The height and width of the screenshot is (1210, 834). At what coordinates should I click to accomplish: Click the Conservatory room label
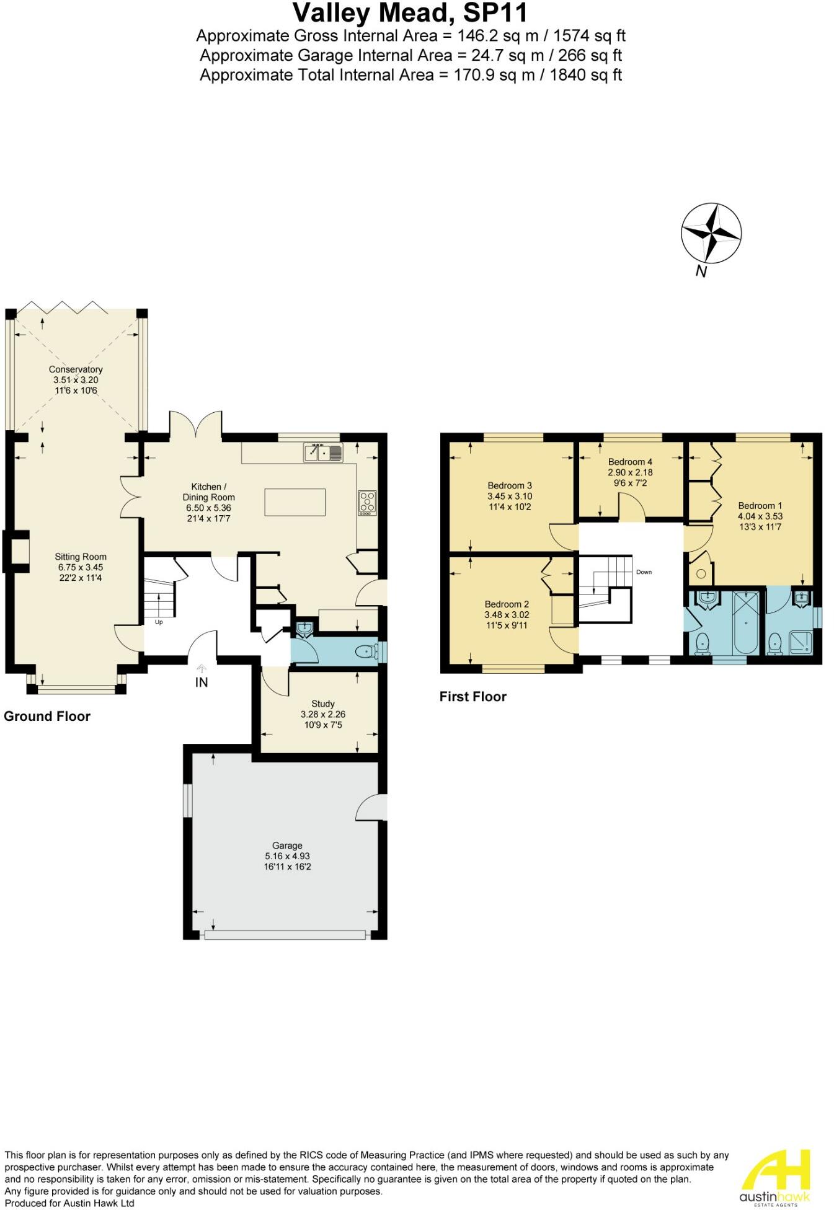point(76,369)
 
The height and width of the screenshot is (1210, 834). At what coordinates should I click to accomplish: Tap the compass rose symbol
point(711,234)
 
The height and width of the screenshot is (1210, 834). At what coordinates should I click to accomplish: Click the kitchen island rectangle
point(295,502)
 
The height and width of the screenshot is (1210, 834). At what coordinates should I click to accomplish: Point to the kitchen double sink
point(323,453)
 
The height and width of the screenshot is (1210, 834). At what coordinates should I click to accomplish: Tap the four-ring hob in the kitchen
point(367,503)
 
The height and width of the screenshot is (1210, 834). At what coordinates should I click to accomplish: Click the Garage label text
point(287,846)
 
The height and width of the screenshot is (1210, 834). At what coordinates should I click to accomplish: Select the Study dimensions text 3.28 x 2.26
point(322,714)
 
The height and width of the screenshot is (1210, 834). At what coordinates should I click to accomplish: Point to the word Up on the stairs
point(159,622)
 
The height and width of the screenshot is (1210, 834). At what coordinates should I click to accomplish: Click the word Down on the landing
point(644,572)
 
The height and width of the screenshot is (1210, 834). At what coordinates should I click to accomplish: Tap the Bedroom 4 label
point(630,462)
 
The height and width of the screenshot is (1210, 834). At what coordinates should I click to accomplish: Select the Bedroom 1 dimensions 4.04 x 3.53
point(760,516)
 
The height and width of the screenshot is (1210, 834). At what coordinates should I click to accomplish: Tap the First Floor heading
point(472,697)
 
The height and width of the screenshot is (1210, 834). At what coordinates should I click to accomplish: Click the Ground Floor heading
point(47,717)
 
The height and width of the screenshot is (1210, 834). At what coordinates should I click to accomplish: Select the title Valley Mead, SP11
point(410,12)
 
